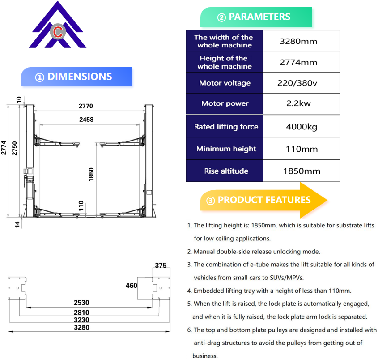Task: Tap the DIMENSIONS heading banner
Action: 76,77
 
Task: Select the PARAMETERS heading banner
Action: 256,17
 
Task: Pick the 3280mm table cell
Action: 298,41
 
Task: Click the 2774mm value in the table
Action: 298,62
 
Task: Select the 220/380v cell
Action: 298,83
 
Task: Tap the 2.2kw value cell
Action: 298,103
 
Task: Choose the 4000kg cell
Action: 302,127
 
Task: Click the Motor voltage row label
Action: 225,83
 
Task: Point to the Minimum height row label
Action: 226,149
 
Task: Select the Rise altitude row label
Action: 226,171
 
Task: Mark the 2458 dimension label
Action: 86,120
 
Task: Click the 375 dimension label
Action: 161,265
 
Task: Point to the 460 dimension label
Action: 132,285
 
